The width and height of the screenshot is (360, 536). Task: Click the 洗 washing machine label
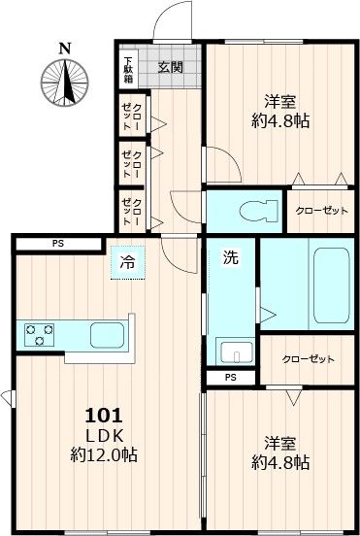tap(231, 259)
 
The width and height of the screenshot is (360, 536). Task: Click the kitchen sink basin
tap(108, 335)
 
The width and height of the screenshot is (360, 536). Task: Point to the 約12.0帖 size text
tap(102, 454)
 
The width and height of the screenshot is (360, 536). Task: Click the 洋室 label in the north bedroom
tap(280, 101)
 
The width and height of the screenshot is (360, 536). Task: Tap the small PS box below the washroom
tap(230, 378)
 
